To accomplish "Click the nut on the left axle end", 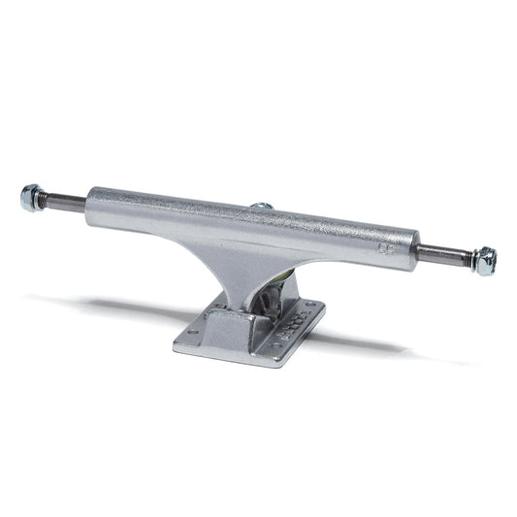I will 30,198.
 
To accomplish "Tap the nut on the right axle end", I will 485,261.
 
